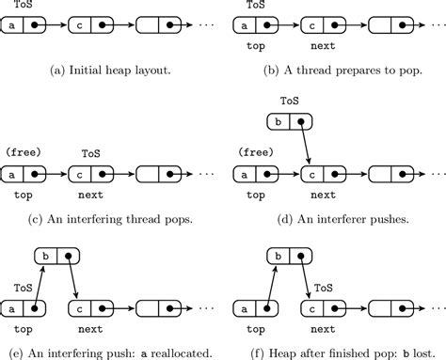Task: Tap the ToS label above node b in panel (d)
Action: click(x=291, y=101)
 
